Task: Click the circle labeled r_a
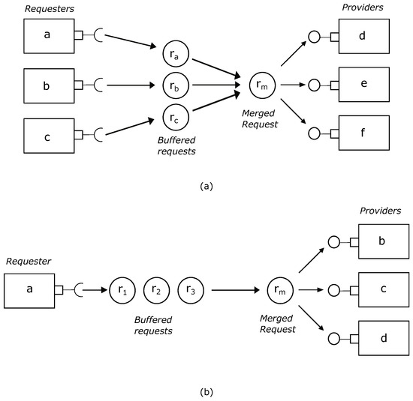[x=175, y=54]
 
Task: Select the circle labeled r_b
[x=175, y=85]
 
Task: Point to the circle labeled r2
[x=156, y=289]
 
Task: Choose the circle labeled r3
[x=191, y=289]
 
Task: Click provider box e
[x=363, y=85]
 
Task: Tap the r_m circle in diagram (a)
[x=261, y=85]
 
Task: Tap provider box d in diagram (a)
[x=363, y=36]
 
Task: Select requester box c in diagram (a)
[x=47, y=135]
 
